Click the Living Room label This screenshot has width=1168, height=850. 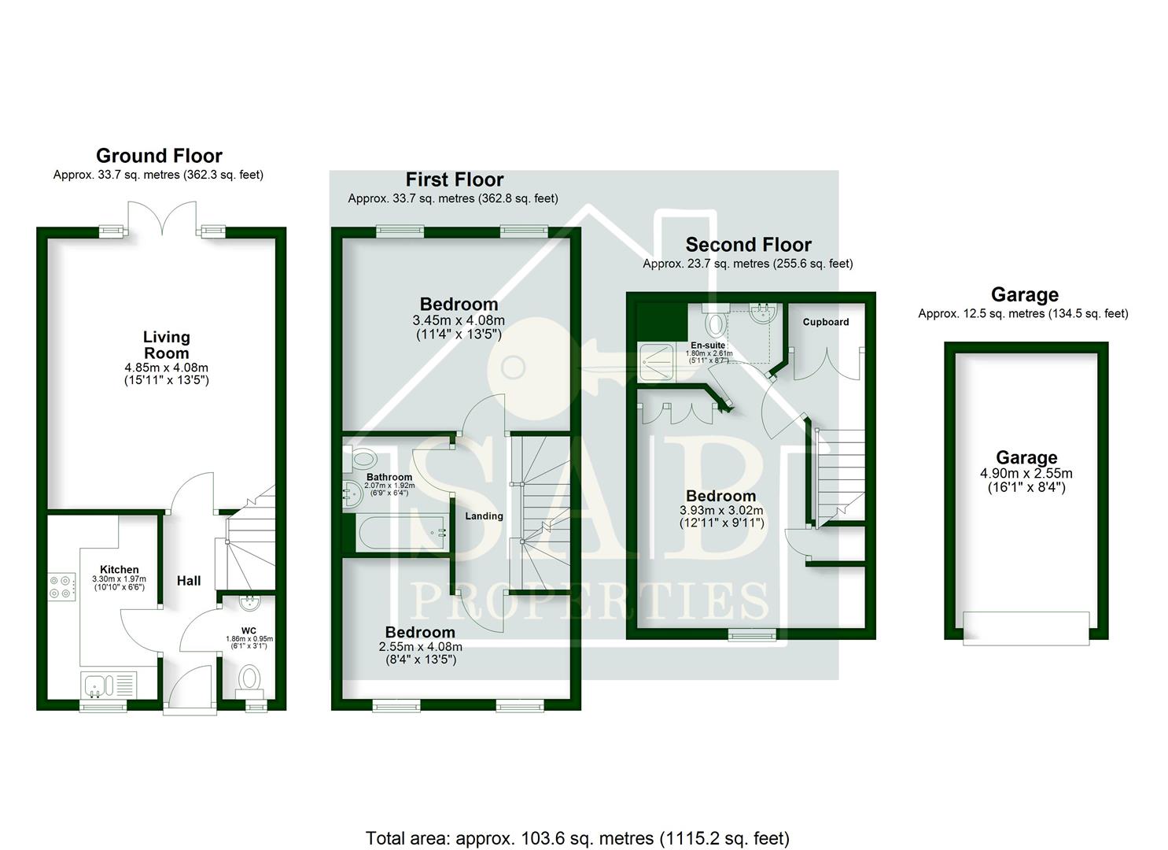pyautogui.click(x=166, y=345)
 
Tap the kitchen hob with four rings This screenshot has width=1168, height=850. pyautogui.click(x=61, y=586)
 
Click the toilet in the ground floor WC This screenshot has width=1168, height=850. pyautogui.click(x=250, y=678)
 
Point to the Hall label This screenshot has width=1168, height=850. pyautogui.click(x=188, y=581)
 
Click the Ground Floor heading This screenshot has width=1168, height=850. pyautogui.click(x=159, y=156)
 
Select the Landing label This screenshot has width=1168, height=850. pyautogui.click(x=484, y=516)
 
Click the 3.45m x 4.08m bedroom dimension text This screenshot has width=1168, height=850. pyautogui.click(x=459, y=320)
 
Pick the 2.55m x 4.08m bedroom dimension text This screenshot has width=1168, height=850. pyautogui.click(x=420, y=647)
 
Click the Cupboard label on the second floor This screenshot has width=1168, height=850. pyautogui.click(x=826, y=322)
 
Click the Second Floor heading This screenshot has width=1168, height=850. pyautogui.click(x=748, y=245)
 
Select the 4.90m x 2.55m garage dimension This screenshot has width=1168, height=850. pyautogui.click(x=1026, y=474)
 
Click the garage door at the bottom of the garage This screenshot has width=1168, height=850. pyautogui.click(x=1026, y=627)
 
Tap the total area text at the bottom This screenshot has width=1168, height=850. pyautogui.click(x=577, y=838)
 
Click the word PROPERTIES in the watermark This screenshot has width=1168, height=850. pyautogui.click(x=590, y=602)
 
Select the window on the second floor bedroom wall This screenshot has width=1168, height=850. pyautogui.click(x=751, y=634)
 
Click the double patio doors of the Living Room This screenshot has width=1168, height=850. pyautogui.click(x=162, y=219)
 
